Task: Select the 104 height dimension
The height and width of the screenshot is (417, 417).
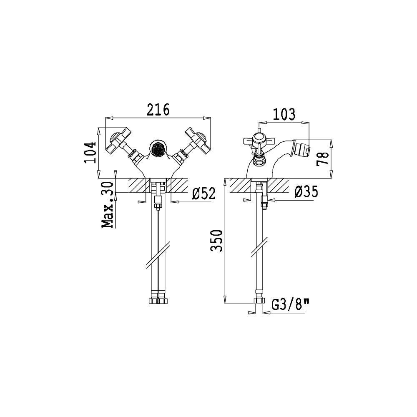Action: (92, 152)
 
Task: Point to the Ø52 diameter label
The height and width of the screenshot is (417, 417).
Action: (203, 193)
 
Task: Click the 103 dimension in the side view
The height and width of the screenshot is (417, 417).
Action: (284, 114)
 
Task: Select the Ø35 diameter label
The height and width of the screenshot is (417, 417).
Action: (306, 192)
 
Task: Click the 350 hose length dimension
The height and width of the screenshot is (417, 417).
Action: (216, 241)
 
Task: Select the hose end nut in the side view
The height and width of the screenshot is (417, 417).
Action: (259, 301)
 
